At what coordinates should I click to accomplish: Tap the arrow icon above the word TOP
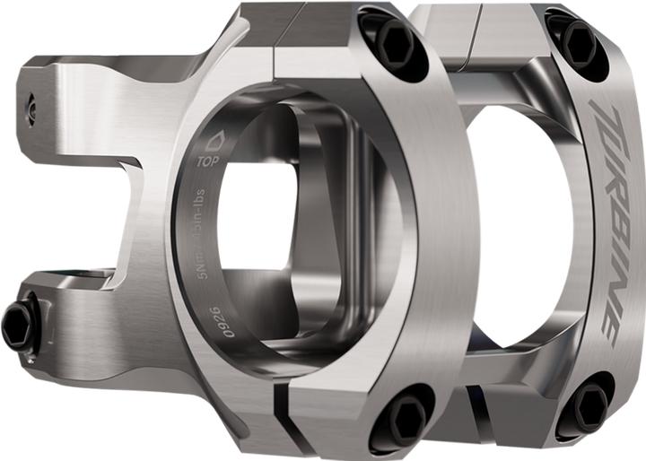[213, 142]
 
